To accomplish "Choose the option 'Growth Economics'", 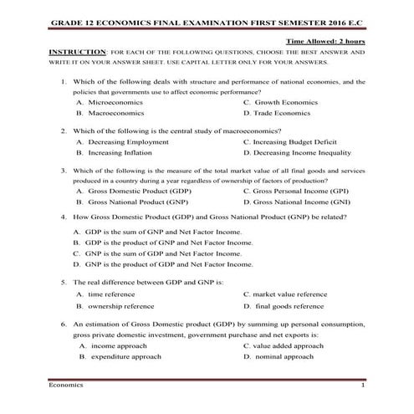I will (x=287, y=101).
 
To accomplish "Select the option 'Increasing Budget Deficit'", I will (x=300, y=142).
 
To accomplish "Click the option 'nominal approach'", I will (x=284, y=356).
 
